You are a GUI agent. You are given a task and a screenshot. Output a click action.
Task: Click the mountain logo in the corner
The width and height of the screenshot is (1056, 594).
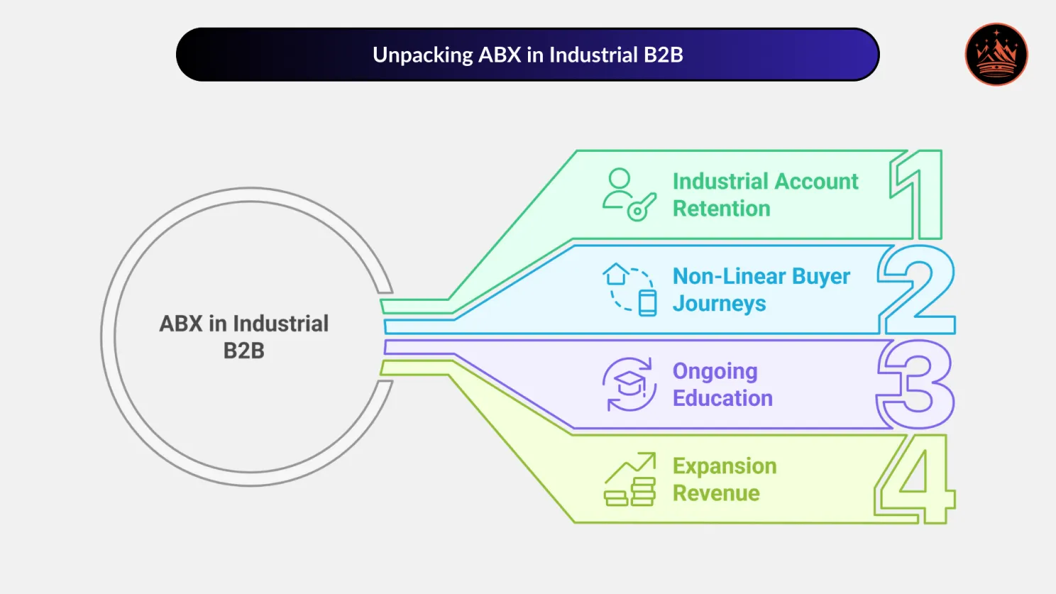[x=996, y=55]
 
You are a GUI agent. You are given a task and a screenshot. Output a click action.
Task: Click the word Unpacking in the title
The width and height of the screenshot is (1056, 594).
[x=422, y=55]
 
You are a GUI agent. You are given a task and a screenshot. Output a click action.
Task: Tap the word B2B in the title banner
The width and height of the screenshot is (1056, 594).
[x=663, y=55]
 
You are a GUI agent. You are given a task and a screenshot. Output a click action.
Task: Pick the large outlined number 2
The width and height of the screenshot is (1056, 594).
[x=917, y=289]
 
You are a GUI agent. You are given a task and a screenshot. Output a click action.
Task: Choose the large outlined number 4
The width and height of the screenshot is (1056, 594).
[x=915, y=479]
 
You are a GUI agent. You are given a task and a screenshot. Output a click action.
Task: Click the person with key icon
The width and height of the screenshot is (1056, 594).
[x=628, y=194]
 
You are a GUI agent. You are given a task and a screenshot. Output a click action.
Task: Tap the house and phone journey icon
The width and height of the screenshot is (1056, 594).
[x=629, y=290]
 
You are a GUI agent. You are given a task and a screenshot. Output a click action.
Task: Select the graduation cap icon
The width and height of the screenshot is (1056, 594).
[x=629, y=385]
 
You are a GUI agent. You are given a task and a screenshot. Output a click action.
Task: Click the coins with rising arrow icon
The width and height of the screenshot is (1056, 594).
[x=629, y=480]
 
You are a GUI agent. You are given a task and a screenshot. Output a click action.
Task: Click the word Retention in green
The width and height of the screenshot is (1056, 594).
[x=721, y=209]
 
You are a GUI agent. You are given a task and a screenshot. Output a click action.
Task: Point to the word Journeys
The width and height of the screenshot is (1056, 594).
[x=719, y=304]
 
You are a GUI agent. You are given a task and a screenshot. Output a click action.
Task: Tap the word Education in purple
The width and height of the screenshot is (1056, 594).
[x=722, y=398]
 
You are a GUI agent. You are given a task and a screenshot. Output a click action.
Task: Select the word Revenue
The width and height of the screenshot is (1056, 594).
[x=716, y=493]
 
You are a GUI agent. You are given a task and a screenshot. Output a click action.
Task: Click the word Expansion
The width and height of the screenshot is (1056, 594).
[x=725, y=466]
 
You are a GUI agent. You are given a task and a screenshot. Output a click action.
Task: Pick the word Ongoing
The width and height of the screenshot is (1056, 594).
[x=715, y=371]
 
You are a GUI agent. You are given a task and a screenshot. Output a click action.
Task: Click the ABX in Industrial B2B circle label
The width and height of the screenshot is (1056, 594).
[x=243, y=337]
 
